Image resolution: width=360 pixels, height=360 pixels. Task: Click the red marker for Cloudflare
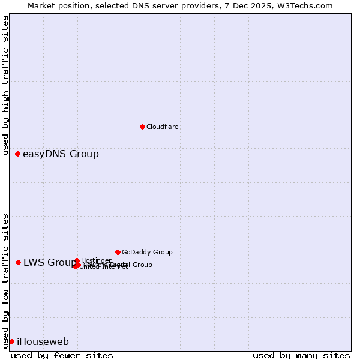[x=142, y=127]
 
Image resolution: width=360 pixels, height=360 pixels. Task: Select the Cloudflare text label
[x=162, y=127]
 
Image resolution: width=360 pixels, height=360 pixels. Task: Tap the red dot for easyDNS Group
[x=18, y=154]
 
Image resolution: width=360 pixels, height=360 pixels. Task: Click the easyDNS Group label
[x=61, y=154]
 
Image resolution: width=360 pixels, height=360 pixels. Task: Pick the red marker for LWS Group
[x=19, y=262]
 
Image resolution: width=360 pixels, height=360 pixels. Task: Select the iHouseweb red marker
[x=11, y=341]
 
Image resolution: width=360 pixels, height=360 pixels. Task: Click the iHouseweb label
[x=43, y=342]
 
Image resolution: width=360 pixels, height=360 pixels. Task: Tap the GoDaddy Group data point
[x=118, y=252]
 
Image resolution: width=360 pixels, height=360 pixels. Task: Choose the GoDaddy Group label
[x=147, y=252]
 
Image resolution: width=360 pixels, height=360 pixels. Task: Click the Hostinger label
[x=96, y=260]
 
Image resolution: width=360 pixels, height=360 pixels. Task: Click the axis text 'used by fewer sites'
[x=62, y=355]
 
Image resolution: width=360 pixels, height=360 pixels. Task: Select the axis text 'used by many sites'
[x=301, y=355]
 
